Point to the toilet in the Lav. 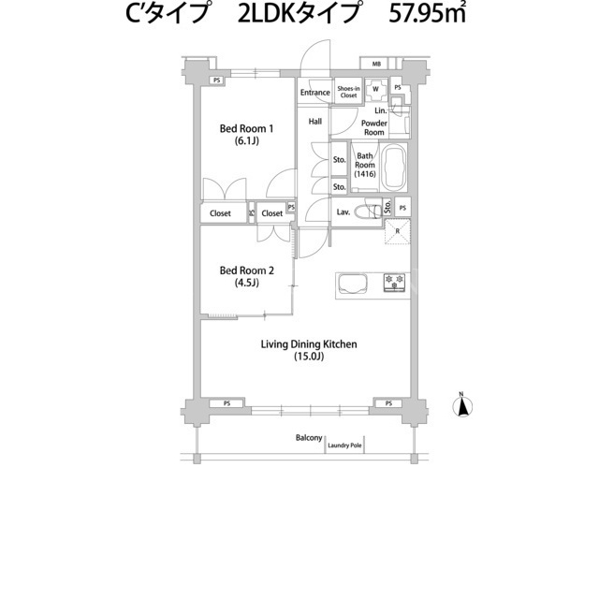pyautogui.click(x=368, y=212)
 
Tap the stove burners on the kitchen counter pyautogui.click(x=394, y=282)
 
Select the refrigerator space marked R pyautogui.click(x=397, y=231)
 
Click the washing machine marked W pyautogui.click(x=375, y=90)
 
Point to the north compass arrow pyautogui.click(x=462, y=405)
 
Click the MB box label pyautogui.click(x=376, y=65)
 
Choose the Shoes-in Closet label pyautogui.click(x=348, y=92)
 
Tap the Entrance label pyautogui.click(x=315, y=93)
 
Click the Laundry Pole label pyautogui.click(x=344, y=446)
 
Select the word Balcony pyautogui.click(x=309, y=438)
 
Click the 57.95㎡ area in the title pyautogui.click(x=428, y=13)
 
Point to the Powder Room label pyautogui.click(x=374, y=127)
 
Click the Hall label pyautogui.click(x=315, y=122)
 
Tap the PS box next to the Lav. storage pyautogui.click(x=402, y=208)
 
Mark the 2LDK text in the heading pyautogui.click(x=267, y=14)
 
